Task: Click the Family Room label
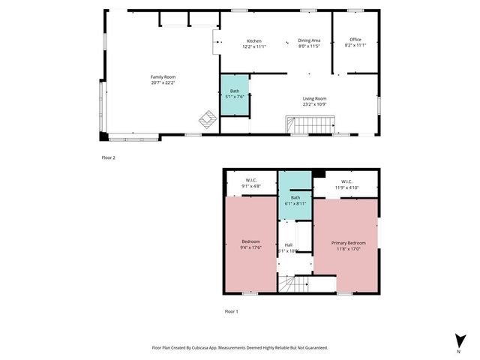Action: click(163, 77)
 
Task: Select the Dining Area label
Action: click(309, 40)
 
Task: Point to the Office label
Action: click(355, 40)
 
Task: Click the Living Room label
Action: click(314, 98)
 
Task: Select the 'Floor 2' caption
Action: click(109, 157)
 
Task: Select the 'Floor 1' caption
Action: click(232, 310)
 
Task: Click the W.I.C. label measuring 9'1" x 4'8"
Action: click(250, 181)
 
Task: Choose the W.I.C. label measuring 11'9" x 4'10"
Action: click(346, 181)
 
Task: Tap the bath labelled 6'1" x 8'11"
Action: click(295, 200)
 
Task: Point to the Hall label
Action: click(289, 244)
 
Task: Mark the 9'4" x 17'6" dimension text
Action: click(250, 247)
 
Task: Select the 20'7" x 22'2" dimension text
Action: click(163, 82)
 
